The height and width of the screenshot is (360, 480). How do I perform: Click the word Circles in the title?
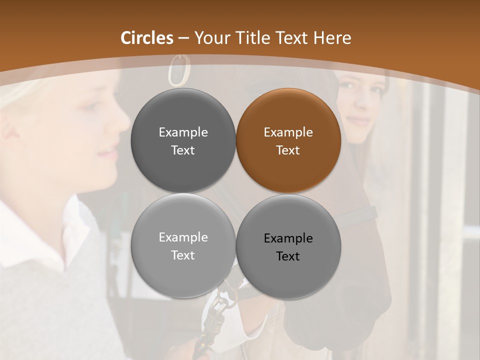click(147, 38)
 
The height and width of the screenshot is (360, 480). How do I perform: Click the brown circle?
click(288, 140)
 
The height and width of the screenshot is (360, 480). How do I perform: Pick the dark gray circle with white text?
click(183, 140)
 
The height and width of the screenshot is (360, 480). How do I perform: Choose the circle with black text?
click(288, 246)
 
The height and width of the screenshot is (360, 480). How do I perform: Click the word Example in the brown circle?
click(288, 132)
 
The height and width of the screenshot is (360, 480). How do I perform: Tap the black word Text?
click(288, 256)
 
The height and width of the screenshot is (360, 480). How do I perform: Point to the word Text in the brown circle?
click(288, 150)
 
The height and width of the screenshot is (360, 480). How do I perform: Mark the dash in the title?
click(183, 38)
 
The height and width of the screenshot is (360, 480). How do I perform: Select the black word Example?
click(288, 238)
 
